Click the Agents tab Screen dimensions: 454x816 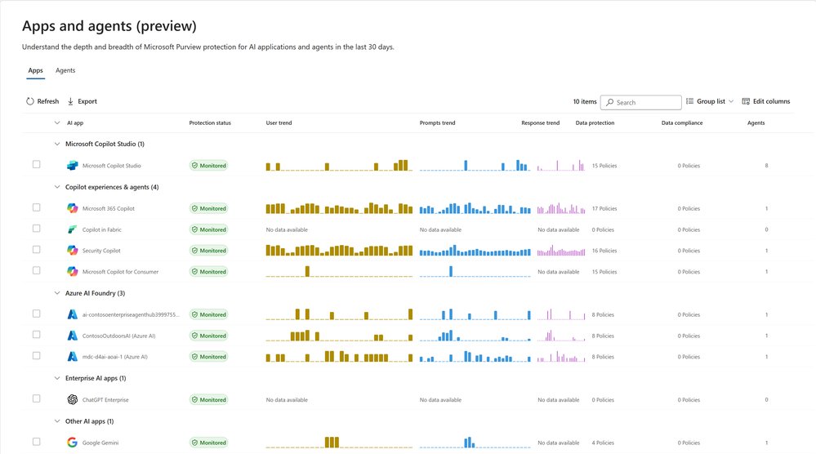point(65,71)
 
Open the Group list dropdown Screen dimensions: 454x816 point(709,102)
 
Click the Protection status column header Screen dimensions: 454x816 point(210,123)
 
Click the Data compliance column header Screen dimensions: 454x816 point(682,123)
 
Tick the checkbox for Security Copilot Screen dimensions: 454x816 point(36,250)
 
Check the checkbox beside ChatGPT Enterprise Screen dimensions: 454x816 point(36,399)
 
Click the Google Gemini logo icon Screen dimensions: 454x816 point(72,443)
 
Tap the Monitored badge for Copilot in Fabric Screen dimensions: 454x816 point(208,229)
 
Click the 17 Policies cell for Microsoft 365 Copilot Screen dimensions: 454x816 point(604,208)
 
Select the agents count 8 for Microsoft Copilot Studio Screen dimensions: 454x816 point(766,166)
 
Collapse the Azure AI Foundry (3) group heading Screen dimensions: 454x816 point(57,293)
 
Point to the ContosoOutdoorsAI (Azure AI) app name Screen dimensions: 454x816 point(118,336)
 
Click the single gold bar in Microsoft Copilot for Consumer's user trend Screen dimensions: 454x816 point(307,271)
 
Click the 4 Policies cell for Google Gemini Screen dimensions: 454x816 point(603,443)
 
